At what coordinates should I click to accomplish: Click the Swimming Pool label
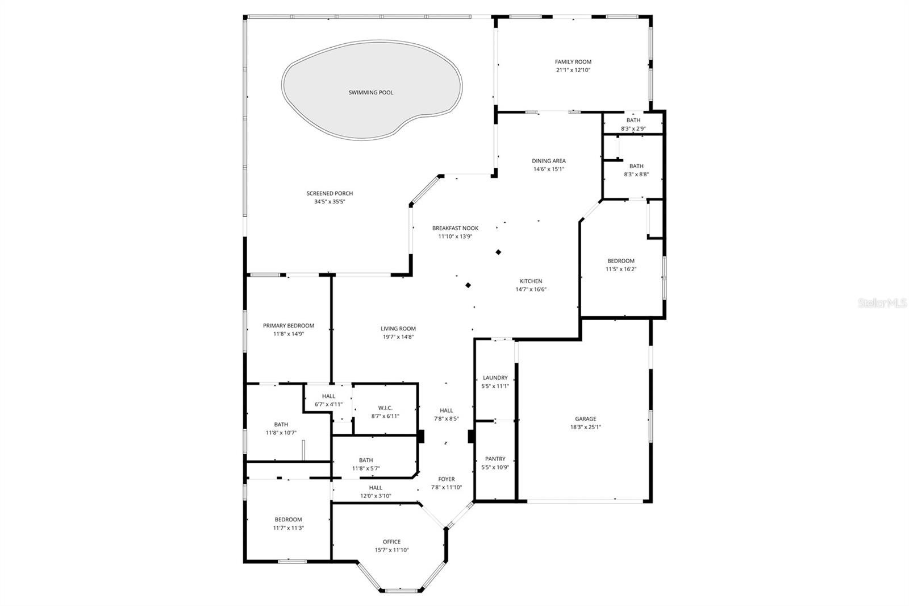[x=370, y=93]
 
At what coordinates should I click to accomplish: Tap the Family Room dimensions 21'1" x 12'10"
[x=573, y=70]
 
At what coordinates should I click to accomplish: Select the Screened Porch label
[x=330, y=193]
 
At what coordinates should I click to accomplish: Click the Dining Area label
[x=548, y=161]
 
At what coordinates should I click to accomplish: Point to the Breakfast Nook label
[x=455, y=228]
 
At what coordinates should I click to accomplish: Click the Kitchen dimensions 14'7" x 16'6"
[x=531, y=289]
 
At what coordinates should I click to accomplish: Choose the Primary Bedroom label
[x=288, y=326]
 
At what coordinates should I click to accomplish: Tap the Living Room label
[x=398, y=329]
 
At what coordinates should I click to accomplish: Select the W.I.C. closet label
[x=385, y=408]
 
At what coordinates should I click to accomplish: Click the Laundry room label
[x=495, y=378]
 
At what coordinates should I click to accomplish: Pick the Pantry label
[x=495, y=459]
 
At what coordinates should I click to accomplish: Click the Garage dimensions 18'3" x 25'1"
[x=585, y=427]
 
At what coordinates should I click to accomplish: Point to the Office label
[x=391, y=542]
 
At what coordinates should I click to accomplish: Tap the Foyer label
[x=446, y=479]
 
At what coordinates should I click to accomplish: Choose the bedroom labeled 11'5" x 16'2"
[x=620, y=261]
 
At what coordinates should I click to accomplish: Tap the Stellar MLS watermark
[x=882, y=304]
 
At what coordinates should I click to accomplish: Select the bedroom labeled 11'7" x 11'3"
[x=288, y=520]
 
